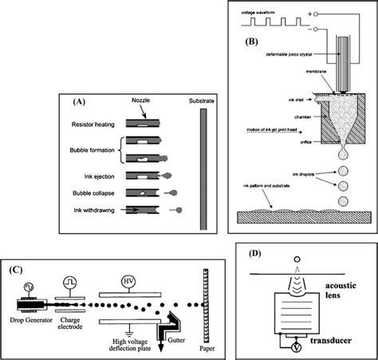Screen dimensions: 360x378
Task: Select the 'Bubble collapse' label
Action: [93, 192]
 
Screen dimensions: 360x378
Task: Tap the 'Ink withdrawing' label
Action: [93, 210]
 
